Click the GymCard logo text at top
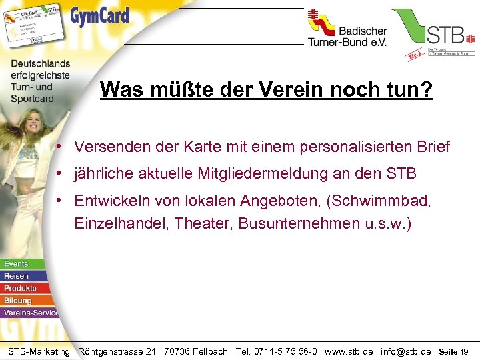100,15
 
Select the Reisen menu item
16,276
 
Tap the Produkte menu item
20,288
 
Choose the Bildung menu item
17,300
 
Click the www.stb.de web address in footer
349,351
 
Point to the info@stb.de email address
405,351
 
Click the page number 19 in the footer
464,351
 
